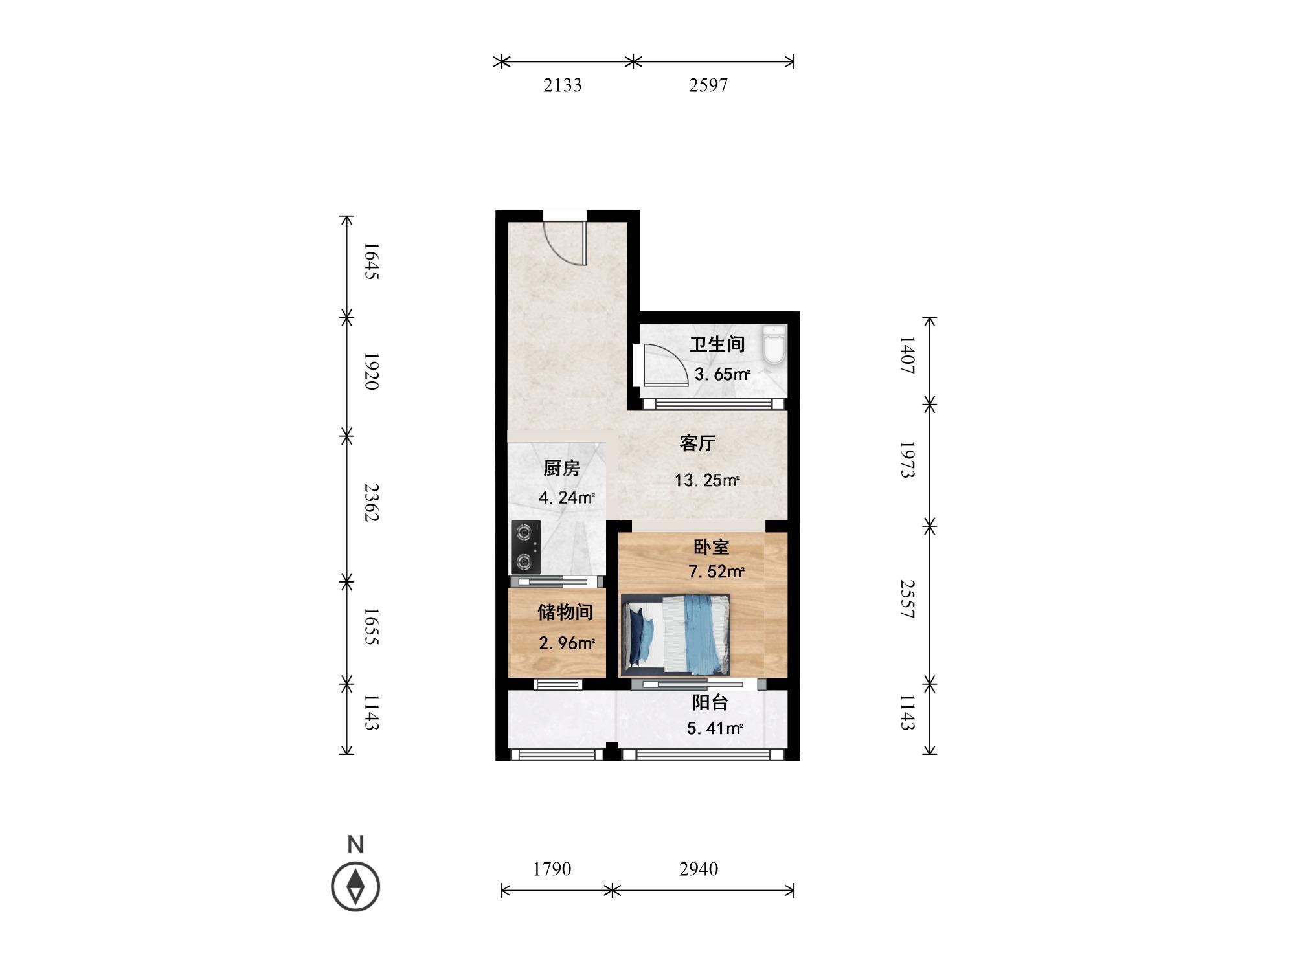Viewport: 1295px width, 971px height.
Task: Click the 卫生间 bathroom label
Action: click(x=717, y=344)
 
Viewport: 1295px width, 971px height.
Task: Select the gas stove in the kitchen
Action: click(x=526, y=547)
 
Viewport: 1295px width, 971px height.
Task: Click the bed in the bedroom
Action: click(x=675, y=634)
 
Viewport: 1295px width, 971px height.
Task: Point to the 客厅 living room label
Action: click(x=697, y=443)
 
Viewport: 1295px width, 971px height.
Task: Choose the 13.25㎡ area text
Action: click(x=707, y=481)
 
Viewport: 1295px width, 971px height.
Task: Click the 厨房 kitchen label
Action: click(x=561, y=468)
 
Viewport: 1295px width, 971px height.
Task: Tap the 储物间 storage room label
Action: click(x=565, y=612)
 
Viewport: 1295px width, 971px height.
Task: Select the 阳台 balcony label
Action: click(x=710, y=702)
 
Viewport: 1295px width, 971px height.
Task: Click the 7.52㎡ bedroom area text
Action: click(x=716, y=572)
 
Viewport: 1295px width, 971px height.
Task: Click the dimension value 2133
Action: click(x=562, y=85)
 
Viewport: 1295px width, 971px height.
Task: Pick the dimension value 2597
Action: click(x=708, y=85)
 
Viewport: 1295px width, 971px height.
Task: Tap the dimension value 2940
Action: click(x=699, y=869)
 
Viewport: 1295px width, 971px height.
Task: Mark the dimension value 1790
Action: click(x=552, y=869)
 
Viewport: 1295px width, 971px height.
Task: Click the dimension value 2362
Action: click(x=371, y=502)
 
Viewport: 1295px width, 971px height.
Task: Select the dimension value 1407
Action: click(x=907, y=355)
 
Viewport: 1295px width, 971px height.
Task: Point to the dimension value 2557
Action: click(x=907, y=599)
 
